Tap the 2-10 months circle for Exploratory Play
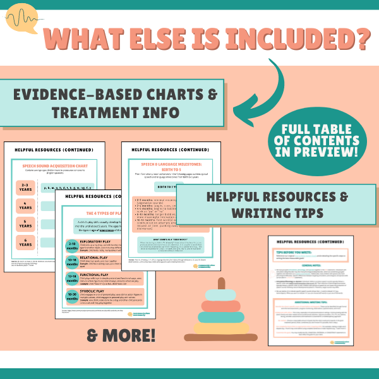(74, 248)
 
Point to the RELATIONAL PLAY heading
(112, 260)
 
